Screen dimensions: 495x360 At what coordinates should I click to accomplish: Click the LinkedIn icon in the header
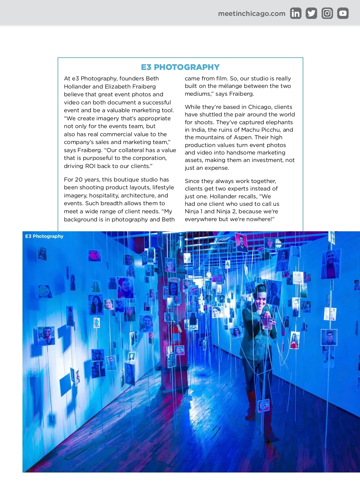(295, 13)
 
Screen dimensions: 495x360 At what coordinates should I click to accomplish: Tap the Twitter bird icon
(311, 13)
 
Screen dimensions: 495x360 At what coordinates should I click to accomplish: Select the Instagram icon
(327, 13)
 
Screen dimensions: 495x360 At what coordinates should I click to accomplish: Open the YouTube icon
(343, 13)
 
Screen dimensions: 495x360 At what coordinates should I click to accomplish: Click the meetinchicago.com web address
(252, 13)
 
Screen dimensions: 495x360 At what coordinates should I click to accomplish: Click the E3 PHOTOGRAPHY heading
(180, 67)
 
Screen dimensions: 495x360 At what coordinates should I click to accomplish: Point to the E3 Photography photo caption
(44, 236)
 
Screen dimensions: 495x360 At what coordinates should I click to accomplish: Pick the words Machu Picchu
(261, 130)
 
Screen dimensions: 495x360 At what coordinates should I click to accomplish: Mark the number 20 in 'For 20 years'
(79, 180)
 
